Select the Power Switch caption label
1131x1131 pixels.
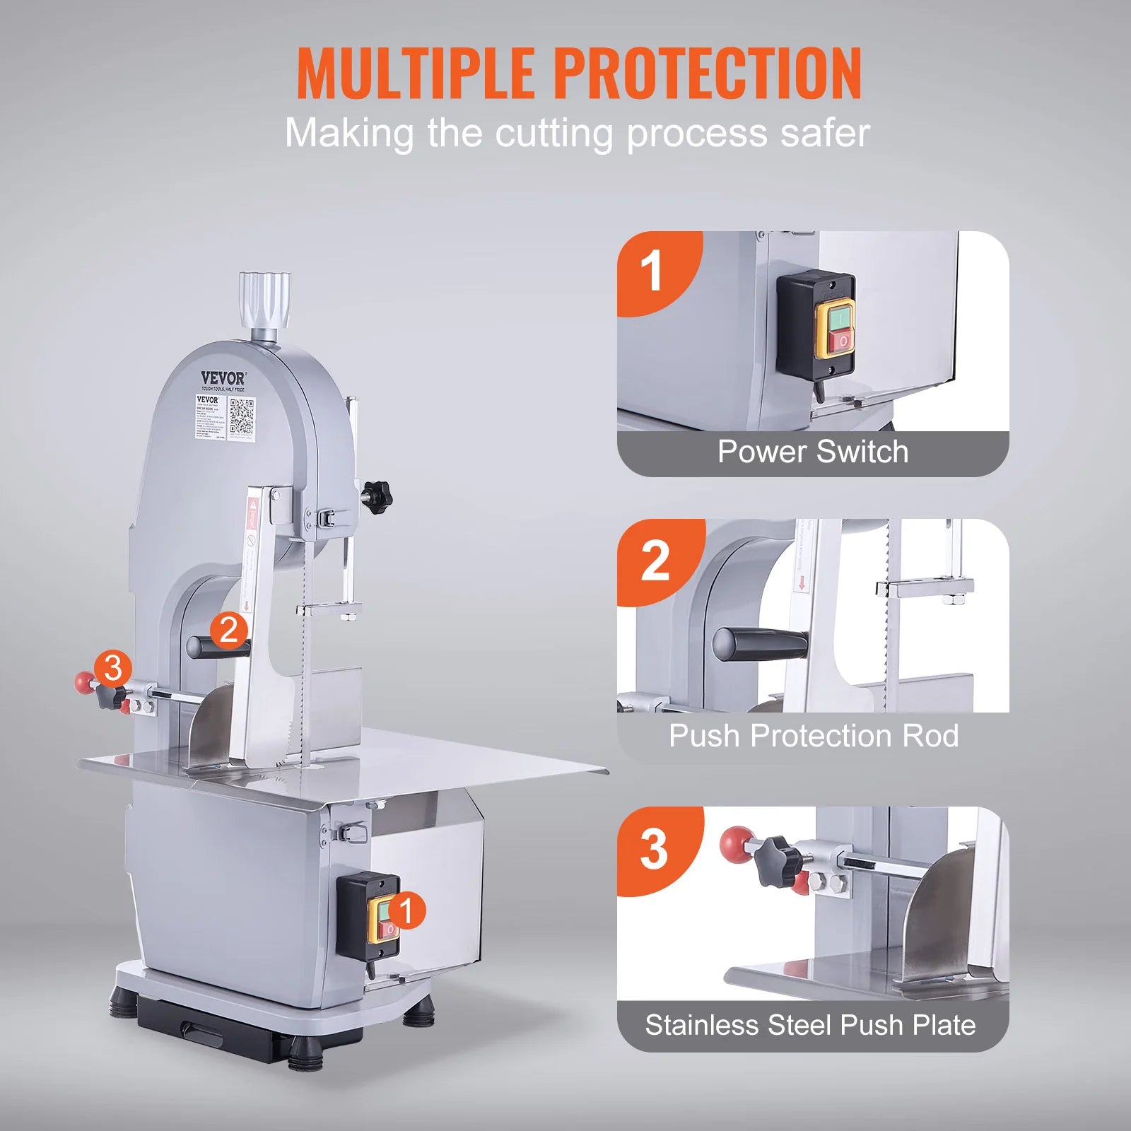[x=813, y=452]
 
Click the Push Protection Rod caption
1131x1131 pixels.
[x=813, y=736]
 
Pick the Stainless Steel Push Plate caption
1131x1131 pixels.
[x=810, y=1025]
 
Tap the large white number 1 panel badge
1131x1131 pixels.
[x=651, y=271]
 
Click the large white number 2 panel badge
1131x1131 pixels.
[x=655, y=561]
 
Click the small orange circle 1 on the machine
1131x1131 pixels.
[x=406, y=910]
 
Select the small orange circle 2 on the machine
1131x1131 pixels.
[x=229, y=630]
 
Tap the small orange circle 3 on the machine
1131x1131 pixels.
[x=113, y=669]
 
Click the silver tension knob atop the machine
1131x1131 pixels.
[x=264, y=300]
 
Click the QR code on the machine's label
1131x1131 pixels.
[x=242, y=416]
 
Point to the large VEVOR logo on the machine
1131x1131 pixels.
[x=223, y=378]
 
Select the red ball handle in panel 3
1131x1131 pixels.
[x=737, y=842]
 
